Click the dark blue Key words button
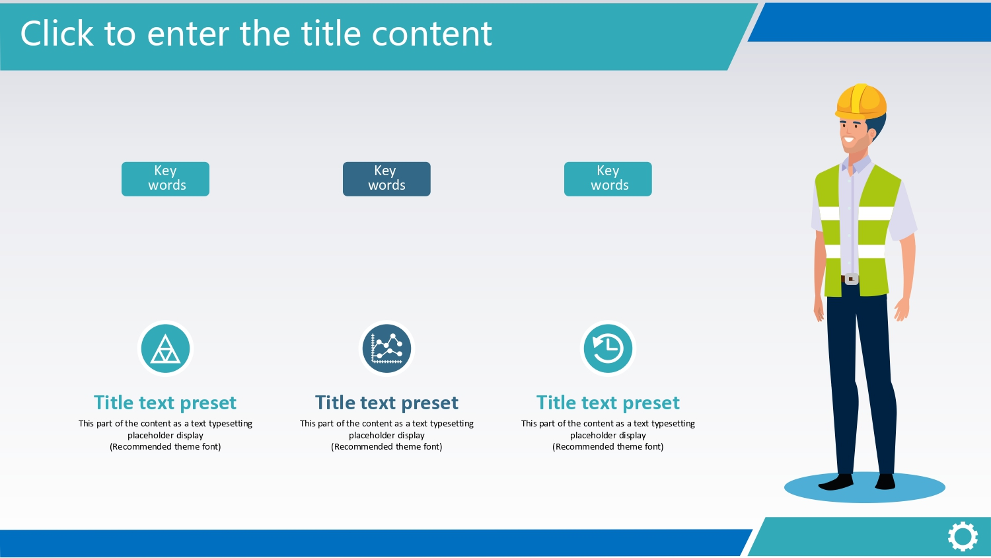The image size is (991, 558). [x=386, y=179]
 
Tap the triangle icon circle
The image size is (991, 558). [x=165, y=348]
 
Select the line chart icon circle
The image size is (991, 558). [x=386, y=348]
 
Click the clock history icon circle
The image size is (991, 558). [x=608, y=348]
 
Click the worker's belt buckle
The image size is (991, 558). [x=852, y=279]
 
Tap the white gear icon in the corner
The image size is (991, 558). [x=963, y=537]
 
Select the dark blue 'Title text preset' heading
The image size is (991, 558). [x=386, y=403]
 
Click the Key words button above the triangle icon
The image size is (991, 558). [x=165, y=179]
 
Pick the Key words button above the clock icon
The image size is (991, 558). [x=608, y=179]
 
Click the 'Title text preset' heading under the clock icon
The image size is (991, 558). [x=608, y=403]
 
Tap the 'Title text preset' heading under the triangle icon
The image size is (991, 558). [x=165, y=403]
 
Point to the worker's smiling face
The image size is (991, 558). [x=854, y=135]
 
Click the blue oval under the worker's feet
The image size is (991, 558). [x=864, y=487]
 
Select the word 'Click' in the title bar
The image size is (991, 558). [x=57, y=34]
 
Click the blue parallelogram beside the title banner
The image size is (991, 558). [x=869, y=22]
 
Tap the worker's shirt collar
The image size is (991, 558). [x=857, y=165]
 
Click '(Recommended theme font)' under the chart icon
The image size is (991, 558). [x=386, y=447]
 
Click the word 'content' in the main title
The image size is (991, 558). [x=432, y=34]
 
